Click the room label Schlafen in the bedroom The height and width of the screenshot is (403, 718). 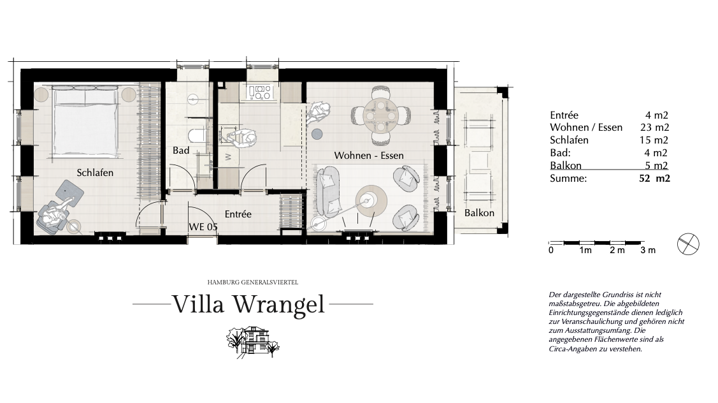pyautogui.click(x=95, y=173)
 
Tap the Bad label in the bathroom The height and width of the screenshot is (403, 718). pyautogui.click(x=181, y=150)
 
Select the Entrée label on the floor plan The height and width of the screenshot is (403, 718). pyautogui.click(x=238, y=214)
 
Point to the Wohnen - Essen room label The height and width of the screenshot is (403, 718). pyautogui.click(x=369, y=156)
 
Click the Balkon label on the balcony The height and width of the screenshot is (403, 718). pyautogui.click(x=479, y=213)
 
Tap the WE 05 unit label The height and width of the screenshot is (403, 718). pyautogui.click(x=203, y=226)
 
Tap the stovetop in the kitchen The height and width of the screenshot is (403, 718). pyautogui.click(x=260, y=92)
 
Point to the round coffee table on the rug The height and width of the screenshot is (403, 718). pyautogui.click(x=371, y=200)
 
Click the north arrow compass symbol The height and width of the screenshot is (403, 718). pyautogui.click(x=688, y=244)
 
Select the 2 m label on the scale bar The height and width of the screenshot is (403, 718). pyautogui.click(x=617, y=251)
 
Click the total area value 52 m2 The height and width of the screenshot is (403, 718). pyautogui.click(x=654, y=179)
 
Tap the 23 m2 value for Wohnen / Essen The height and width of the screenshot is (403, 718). pyautogui.click(x=654, y=128)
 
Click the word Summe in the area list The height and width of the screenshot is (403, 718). pyautogui.click(x=568, y=179)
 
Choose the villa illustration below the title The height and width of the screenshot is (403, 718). pyautogui.click(x=253, y=342)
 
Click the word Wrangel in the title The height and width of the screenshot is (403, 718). pyautogui.click(x=278, y=304)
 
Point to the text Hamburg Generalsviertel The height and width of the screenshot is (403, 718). pyautogui.click(x=253, y=282)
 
